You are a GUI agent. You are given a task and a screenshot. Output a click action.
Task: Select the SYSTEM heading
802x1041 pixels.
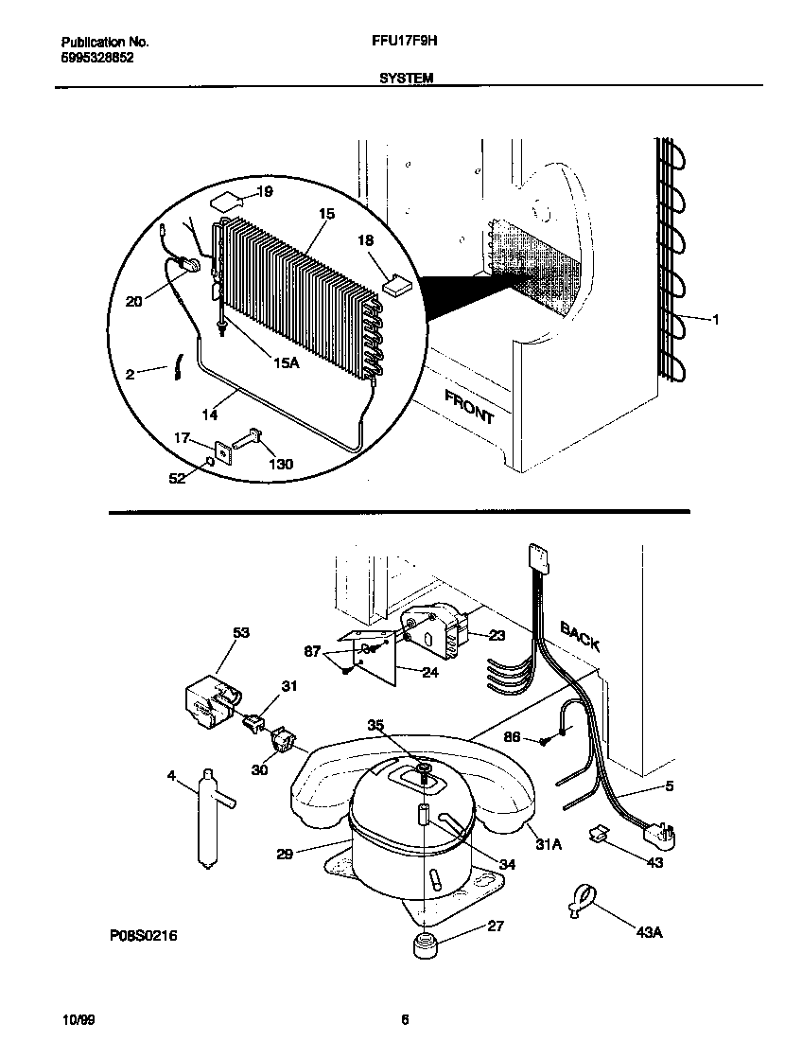point(406,79)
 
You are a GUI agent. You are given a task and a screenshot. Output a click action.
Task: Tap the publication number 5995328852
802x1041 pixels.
point(97,57)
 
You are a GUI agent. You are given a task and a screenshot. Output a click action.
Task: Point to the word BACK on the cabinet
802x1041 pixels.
point(580,635)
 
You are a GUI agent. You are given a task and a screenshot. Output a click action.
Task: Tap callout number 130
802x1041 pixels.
point(281,464)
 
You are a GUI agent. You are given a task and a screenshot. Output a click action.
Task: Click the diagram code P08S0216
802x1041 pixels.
point(144,936)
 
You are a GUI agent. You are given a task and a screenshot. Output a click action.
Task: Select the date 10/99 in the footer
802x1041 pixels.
point(78,1020)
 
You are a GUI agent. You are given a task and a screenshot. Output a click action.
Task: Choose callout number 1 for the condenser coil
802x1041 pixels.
point(716,320)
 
